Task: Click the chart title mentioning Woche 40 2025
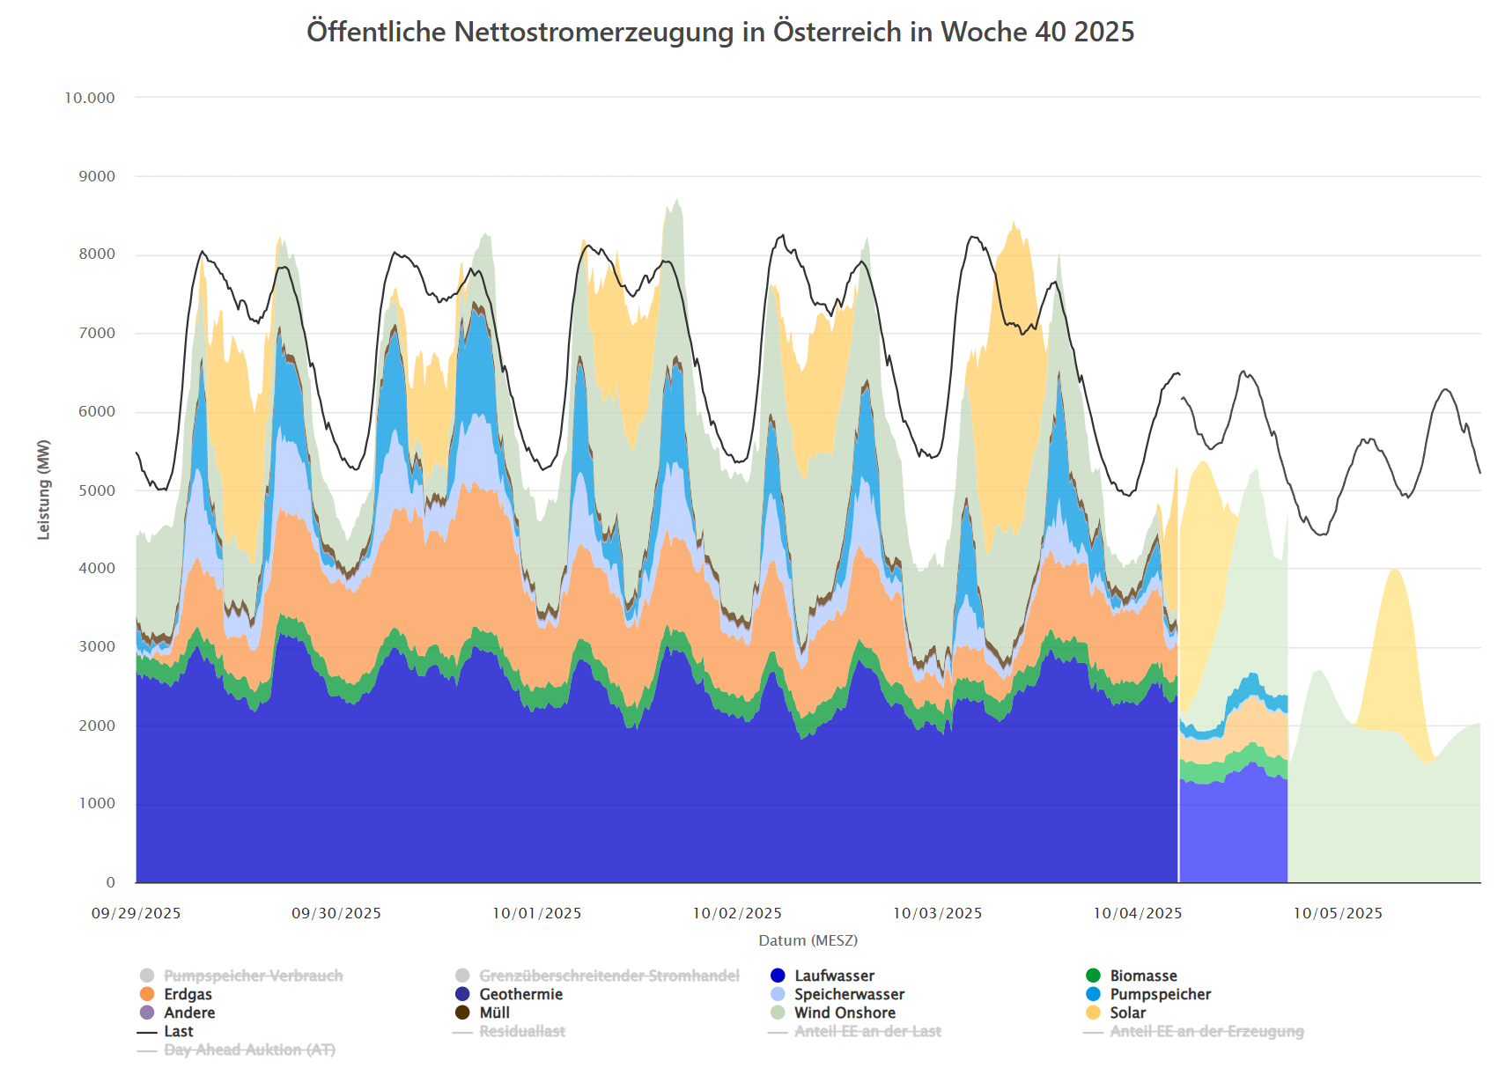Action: pos(719,32)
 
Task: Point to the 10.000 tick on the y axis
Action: pos(90,98)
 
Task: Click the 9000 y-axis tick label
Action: pos(97,176)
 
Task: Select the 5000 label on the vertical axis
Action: pos(97,490)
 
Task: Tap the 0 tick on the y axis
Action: pos(110,882)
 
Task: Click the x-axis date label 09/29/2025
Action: pos(136,913)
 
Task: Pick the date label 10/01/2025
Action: pos(536,913)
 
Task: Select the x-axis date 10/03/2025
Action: pos(937,913)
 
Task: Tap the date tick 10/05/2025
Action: pos(1338,913)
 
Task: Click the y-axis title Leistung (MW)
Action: pos(43,490)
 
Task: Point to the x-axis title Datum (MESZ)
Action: pos(808,940)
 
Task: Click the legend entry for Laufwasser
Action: pos(834,976)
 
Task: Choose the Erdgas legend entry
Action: pos(188,994)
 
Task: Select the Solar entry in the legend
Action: pos(1127,1013)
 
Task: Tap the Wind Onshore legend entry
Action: pos(845,1013)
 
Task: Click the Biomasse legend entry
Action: pos(1143,976)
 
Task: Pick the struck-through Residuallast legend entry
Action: pos(521,1031)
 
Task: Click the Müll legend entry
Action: pos(494,1013)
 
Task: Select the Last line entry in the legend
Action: pos(178,1031)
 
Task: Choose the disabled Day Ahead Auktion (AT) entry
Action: pos(249,1050)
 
